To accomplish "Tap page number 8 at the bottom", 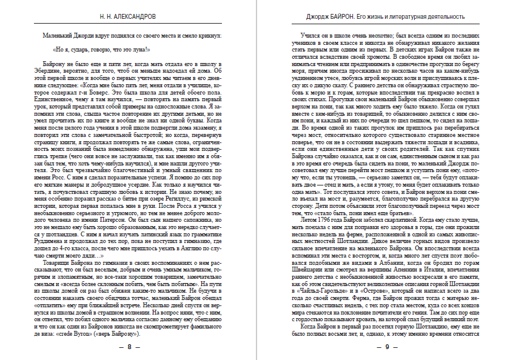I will click(129, 347).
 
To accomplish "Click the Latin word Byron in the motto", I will click(95, 333).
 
